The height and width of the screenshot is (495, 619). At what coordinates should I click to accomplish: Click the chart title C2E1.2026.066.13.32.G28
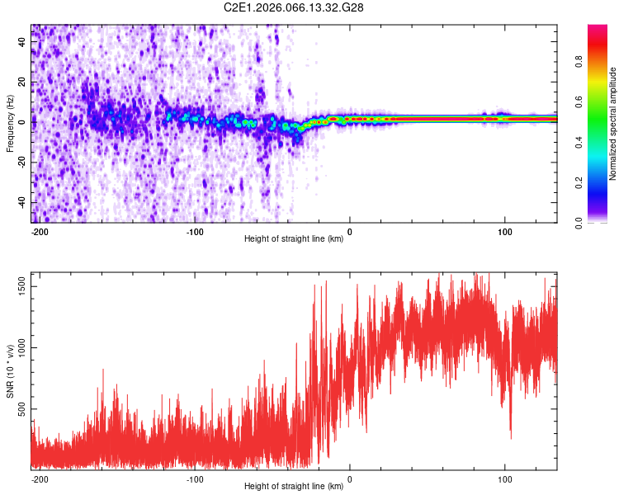(294, 7)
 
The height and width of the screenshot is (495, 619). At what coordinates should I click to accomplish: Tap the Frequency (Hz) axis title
(10, 124)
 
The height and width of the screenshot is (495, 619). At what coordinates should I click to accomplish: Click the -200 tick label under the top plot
(40, 232)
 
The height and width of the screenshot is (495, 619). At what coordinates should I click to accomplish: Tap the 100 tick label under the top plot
(503, 232)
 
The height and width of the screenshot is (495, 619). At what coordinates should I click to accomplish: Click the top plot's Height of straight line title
(294, 239)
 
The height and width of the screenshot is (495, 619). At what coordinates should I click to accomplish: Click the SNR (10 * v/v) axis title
(10, 371)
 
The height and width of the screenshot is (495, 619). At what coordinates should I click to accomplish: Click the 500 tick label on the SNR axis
(21, 409)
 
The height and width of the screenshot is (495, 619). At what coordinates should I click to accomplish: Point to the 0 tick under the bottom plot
(350, 479)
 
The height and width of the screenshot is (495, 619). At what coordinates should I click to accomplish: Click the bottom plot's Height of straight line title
(294, 487)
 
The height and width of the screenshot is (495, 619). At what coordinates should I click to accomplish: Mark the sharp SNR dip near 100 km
(510, 429)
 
